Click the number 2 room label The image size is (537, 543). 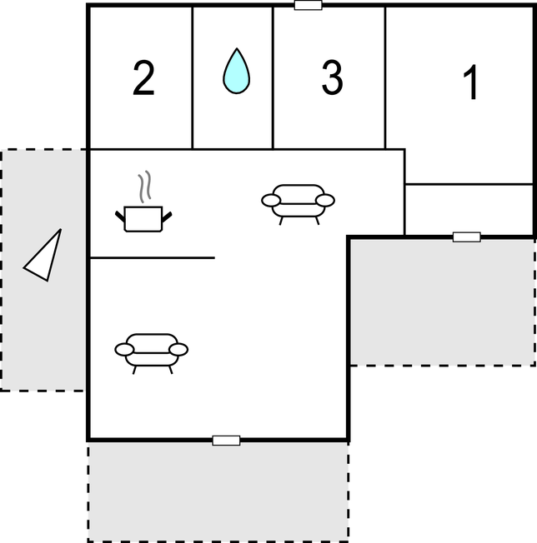tap(143, 78)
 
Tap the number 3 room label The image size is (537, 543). tap(332, 77)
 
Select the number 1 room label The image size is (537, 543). tap(471, 82)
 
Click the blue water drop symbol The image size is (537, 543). tap(236, 71)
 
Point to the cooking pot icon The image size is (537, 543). tap(143, 219)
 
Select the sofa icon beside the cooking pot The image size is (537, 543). tap(299, 204)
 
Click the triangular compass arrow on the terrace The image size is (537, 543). tap(43, 257)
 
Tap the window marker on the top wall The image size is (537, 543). tap(308, 5)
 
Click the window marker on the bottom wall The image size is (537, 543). tap(226, 441)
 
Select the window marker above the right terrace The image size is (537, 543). tap(467, 237)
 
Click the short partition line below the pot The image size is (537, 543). tap(153, 257)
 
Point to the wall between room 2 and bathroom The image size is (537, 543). tap(193, 78)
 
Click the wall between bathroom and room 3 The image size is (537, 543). tap(273, 78)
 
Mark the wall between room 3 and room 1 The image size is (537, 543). tap(384, 78)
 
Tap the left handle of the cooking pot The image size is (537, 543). tap(120, 217)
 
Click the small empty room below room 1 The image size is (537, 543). tap(469, 210)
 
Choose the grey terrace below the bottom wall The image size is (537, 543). tap(218, 491)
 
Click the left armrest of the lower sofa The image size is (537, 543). tap(124, 350)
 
